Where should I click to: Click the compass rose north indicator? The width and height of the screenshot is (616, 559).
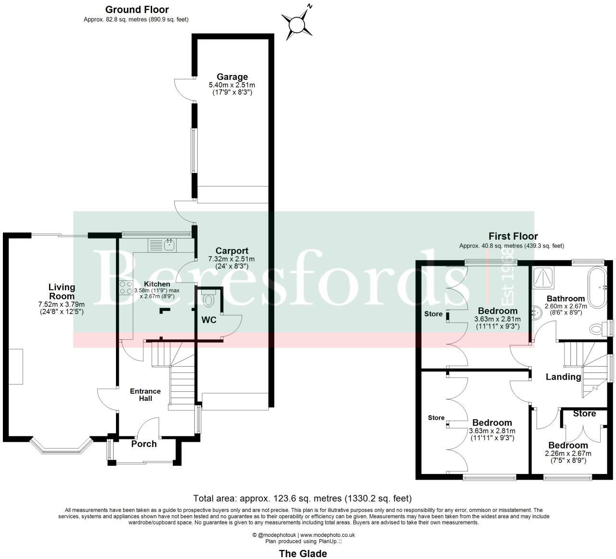tap(298, 22)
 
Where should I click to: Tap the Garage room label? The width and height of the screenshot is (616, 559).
tap(232, 77)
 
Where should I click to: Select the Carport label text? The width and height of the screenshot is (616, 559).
tap(231, 250)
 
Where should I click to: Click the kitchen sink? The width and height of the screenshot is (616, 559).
tap(169, 245)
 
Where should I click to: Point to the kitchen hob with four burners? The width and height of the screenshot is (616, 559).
tap(126, 287)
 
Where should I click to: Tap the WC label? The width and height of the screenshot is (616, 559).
tap(209, 320)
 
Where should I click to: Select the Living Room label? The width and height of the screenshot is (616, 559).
tap(62, 291)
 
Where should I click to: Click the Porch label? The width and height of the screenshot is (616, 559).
tap(144, 444)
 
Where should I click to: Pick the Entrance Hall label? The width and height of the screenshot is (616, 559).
tap(145, 395)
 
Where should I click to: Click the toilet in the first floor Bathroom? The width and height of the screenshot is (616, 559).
tap(597, 329)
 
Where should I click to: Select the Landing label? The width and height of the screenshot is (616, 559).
tap(563, 377)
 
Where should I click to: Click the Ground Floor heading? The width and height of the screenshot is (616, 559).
tap(137, 10)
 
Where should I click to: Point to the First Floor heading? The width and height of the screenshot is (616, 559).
tap(513, 236)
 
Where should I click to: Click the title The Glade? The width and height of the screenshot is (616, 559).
tap(303, 553)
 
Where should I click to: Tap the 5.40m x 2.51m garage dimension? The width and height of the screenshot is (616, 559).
tap(232, 86)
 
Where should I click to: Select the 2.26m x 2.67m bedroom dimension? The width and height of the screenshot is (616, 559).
tap(568, 453)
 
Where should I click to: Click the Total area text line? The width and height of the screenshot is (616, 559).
tap(302, 498)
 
